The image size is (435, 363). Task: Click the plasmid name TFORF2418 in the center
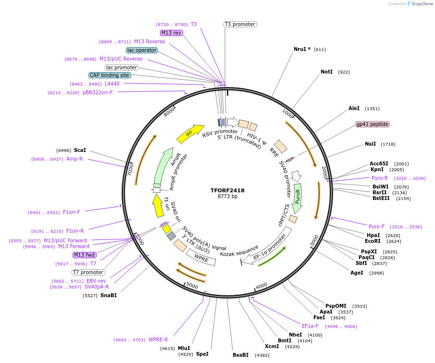click(227, 190)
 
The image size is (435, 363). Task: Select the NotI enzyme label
click(326, 72)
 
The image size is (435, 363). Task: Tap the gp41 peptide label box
click(373, 124)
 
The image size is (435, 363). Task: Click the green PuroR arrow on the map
click(298, 194)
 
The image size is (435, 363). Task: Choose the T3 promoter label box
click(240, 24)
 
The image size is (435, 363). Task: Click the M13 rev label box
click(172, 33)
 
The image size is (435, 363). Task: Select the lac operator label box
click(142, 50)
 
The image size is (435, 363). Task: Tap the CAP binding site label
click(110, 75)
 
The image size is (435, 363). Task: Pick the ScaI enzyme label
click(80, 150)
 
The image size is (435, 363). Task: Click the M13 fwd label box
click(85, 255)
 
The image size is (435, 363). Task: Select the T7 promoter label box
click(88, 272)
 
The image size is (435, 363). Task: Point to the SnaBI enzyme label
click(109, 295)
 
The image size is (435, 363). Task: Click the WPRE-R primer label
click(158, 339)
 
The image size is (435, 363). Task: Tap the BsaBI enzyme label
click(240, 355)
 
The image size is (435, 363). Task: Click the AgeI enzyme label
click(357, 273)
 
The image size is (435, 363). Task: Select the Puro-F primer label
click(376, 226)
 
